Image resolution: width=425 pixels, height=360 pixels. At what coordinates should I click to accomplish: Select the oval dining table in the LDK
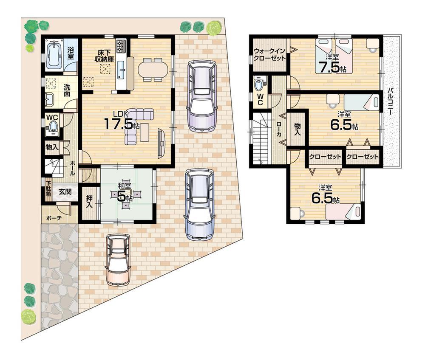153,69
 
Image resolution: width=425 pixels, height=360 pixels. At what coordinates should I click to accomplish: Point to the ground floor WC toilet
53,126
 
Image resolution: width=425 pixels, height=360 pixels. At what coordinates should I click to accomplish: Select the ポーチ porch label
53,218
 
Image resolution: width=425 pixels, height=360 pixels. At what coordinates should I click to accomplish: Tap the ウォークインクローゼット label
269,55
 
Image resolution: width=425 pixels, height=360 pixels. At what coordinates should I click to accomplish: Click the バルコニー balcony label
390,102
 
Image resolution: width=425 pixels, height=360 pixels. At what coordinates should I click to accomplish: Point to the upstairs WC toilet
259,84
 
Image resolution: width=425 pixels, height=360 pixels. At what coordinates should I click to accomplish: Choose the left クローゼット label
325,157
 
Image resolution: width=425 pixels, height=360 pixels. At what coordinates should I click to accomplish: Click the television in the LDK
161,143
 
